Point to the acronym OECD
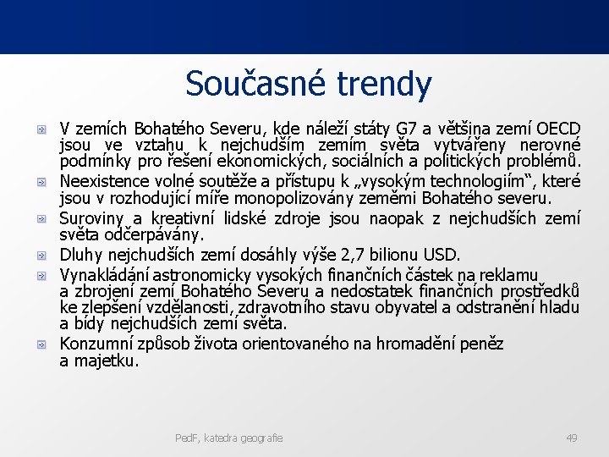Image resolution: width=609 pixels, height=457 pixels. point(557,129)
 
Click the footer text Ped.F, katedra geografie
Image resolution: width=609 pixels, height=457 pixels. point(228,438)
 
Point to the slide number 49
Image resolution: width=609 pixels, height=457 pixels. point(571,438)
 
